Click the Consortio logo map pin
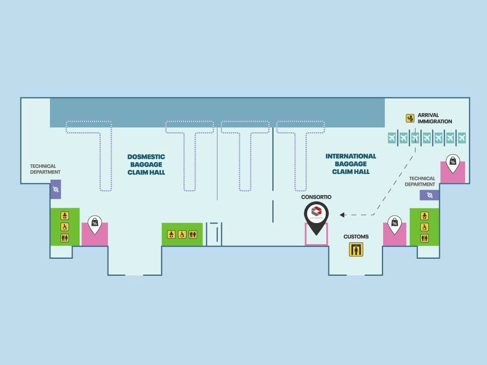[x=316, y=216]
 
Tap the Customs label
[x=356, y=237]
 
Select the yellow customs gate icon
[x=356, y=249]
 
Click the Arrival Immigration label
[x=435, y=118]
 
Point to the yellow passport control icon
[x=410, y=118]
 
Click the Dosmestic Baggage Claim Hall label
[x=146, y=164]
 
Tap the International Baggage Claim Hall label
[x=351, y=164]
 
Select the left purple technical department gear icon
[x=56, y=189]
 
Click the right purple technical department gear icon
[x=429, y=195]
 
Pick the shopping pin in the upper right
[x=453, y=163]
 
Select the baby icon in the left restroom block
[x=65, y=216]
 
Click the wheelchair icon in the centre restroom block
[x=182, y=234]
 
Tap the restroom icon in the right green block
[x=425, y=238]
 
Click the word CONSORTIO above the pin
[x=316, y=197]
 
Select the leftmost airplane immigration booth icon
[x=392, y=138]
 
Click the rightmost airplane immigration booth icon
[x=462, y=138]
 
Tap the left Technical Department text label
[x=45, y=169]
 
